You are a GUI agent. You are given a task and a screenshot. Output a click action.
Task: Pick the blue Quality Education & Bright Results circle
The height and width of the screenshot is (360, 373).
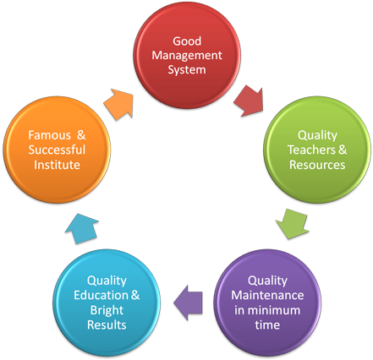[x=107, y=296]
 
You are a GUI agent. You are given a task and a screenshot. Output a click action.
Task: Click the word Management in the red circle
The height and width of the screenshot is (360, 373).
[x=186, y=55]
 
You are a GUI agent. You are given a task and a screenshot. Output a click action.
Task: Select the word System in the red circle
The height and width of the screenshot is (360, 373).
[x=186, y=69]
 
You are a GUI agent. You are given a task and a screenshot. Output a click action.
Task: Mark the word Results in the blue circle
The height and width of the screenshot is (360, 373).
[x=107, y=325]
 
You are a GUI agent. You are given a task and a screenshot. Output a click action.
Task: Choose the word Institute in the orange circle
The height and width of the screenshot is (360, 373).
[x=58, y=165]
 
